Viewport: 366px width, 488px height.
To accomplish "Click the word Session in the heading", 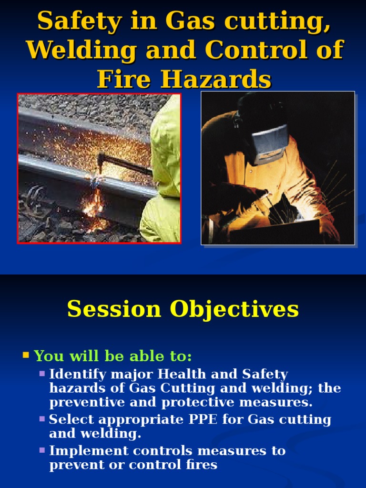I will click(x=114, y=309).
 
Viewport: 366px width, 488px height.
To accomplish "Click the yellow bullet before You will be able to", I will click(x=26, y=355).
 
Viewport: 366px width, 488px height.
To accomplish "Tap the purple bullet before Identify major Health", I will click(x=42, y=374).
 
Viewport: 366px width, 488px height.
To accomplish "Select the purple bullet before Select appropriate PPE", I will click(x=42, y=419).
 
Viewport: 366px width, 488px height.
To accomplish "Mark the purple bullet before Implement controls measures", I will click(x=42, y=450).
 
